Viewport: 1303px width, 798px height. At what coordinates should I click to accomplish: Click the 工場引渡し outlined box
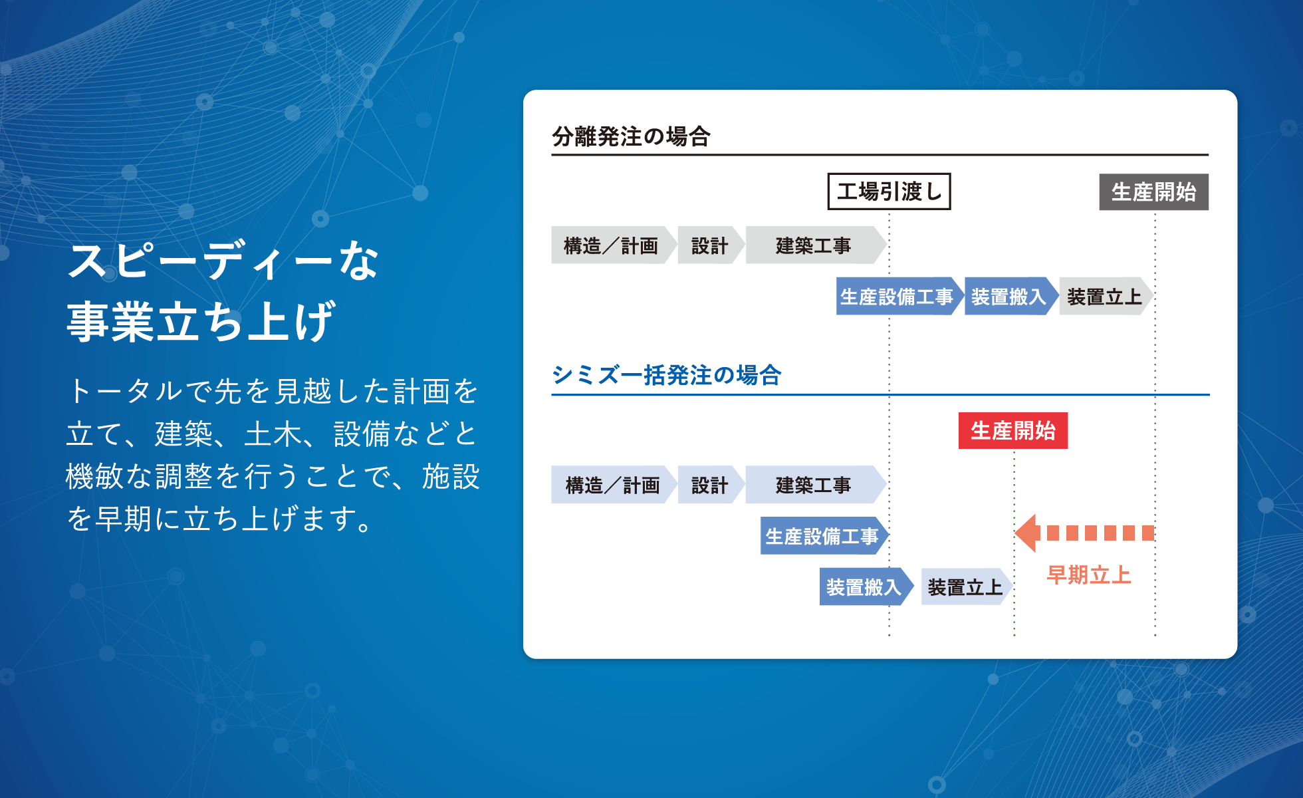[x=889, y=192]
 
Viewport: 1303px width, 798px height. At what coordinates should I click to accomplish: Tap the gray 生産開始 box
[x=1153, y=192]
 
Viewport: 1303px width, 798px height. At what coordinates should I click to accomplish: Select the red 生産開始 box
[x=1012, y=431]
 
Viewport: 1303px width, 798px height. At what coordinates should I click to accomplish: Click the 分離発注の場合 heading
[x=631, y=136]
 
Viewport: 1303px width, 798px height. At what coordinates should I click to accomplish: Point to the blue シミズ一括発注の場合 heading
[x=666, y=375]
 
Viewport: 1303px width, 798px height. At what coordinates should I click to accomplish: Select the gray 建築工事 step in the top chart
[x=816, y=245]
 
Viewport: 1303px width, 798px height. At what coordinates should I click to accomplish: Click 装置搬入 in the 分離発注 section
[x=1011, y=297]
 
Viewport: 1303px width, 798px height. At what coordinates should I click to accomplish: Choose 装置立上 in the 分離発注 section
[x=1106, y=297]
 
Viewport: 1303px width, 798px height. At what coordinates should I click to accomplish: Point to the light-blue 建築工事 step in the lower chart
[x=816, y=485]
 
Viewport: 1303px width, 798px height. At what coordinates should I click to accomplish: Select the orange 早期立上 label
[x=1088, y=575]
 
